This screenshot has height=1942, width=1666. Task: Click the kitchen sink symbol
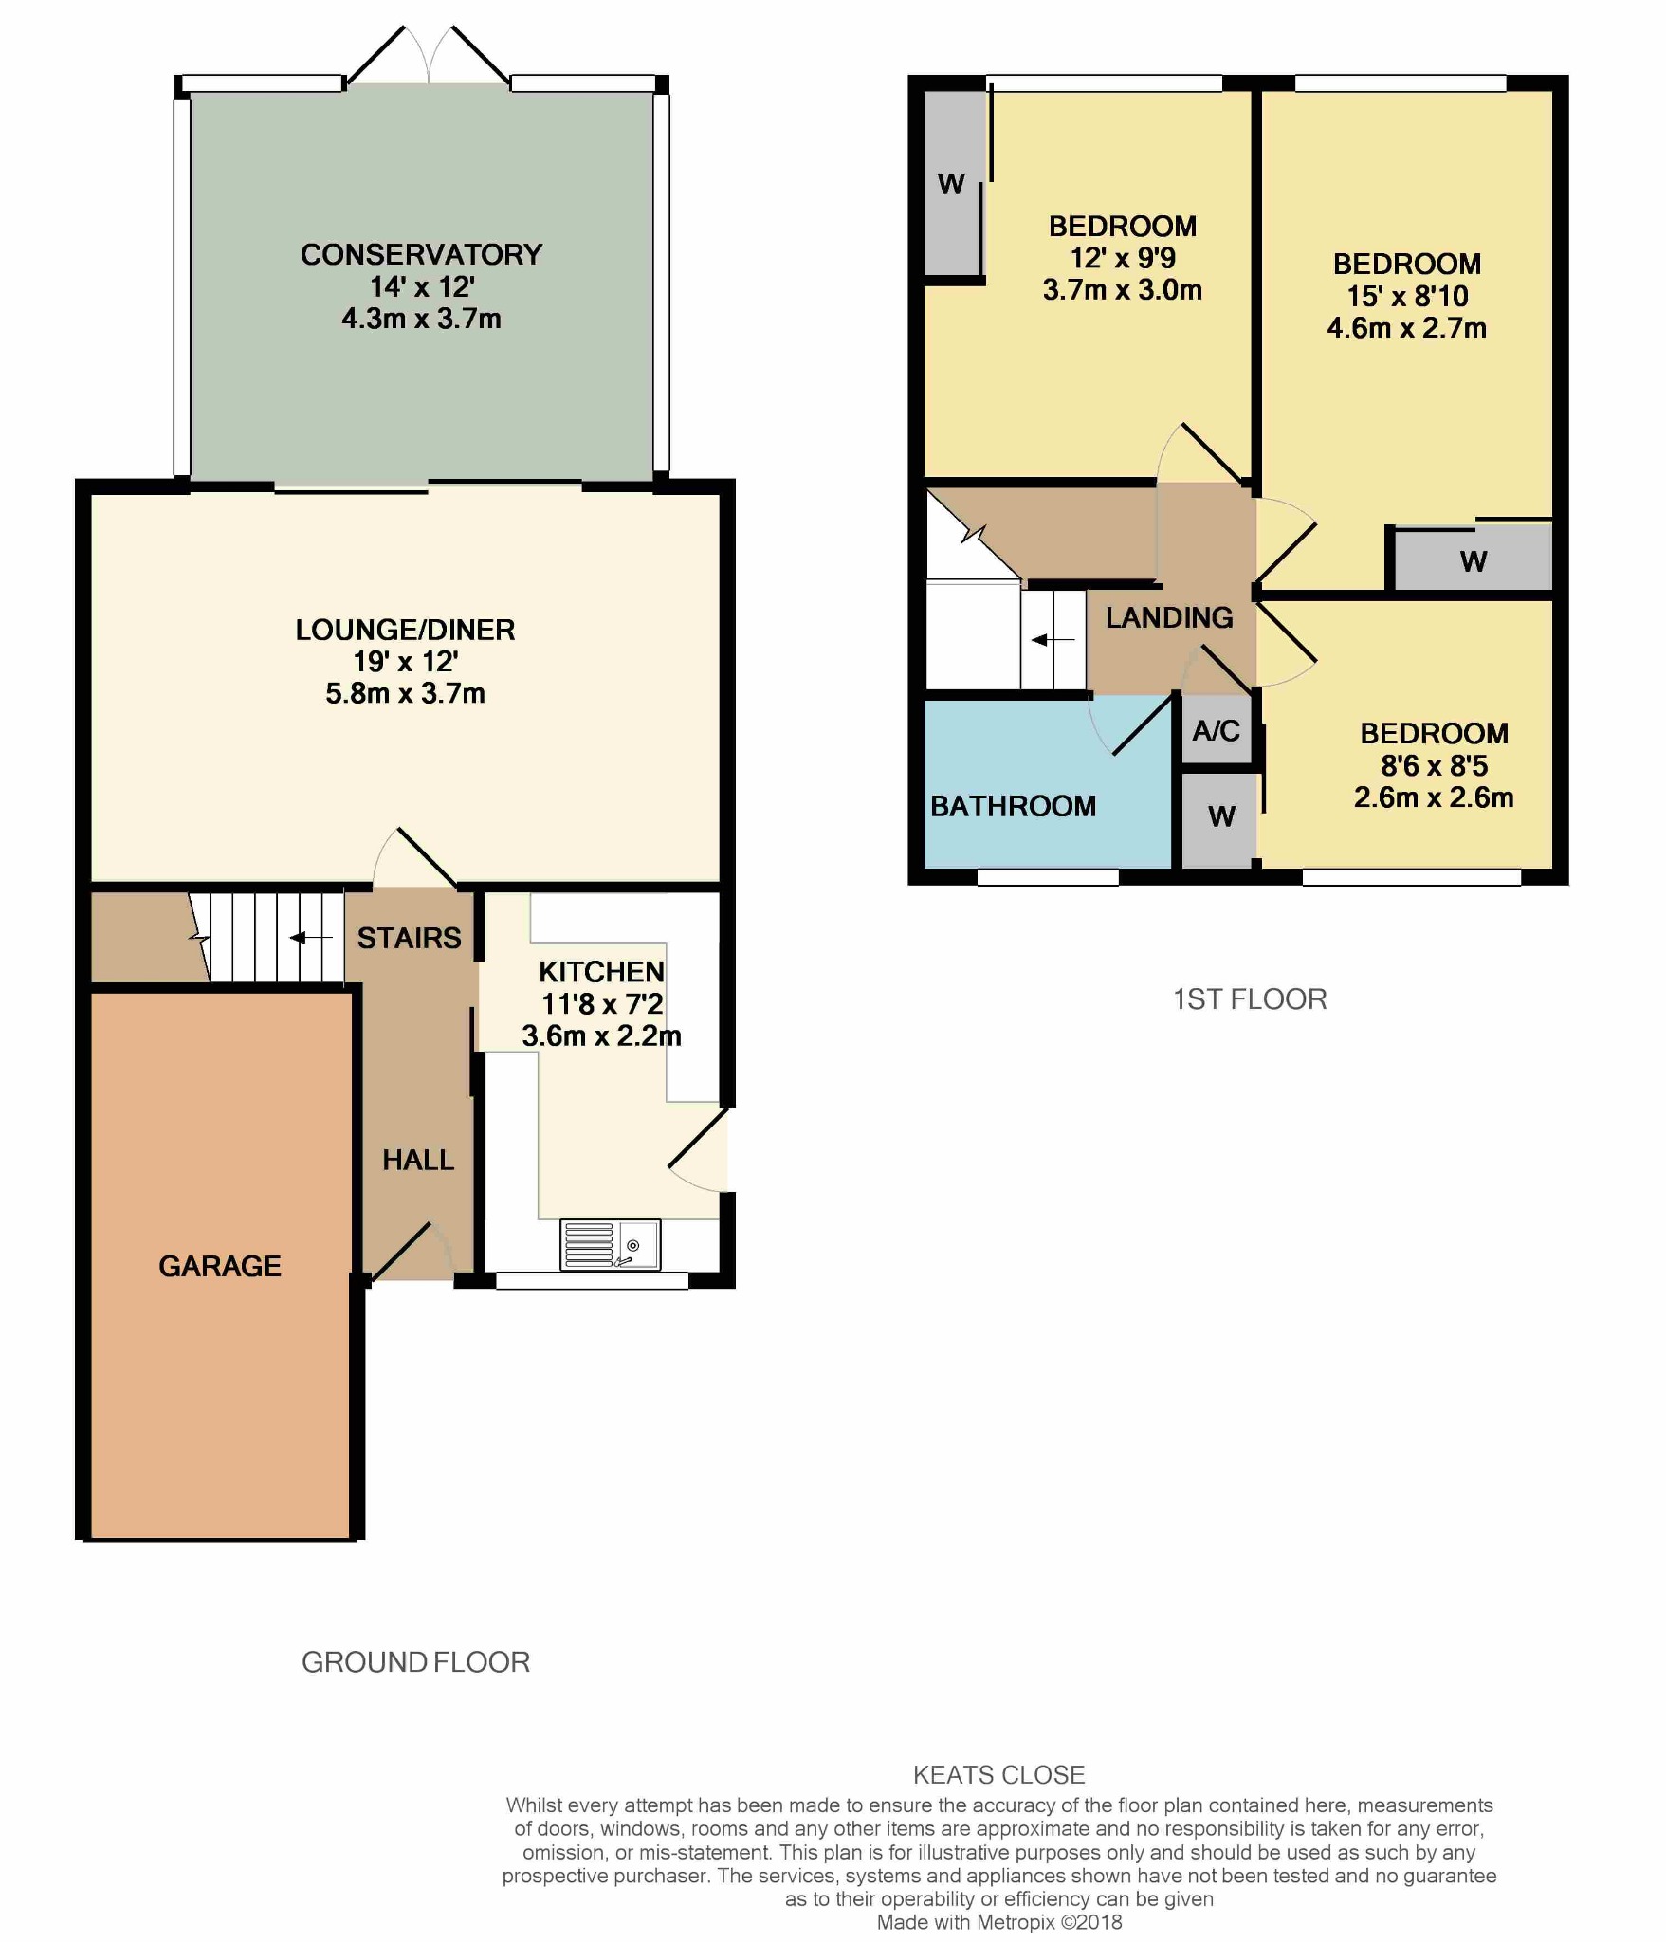pyautogui.click(x=611, y=1244)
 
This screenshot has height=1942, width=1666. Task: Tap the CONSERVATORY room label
pyautogui.click(x=421, y=254)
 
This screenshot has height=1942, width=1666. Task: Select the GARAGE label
pyautogui.click(x=220, y=1266)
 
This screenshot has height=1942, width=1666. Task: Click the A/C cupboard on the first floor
pyautogui.click(x=1217, y=730)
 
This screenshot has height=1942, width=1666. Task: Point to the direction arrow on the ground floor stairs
pyautogui.click(x=311, y=938)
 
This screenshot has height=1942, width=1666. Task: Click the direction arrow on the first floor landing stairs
pyautogui.click(x=1053, y=640)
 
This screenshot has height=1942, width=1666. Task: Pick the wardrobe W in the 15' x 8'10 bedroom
pyautogui.click(x=1473, y=560)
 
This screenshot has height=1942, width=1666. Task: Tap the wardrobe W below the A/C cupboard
pyautogui.click(x=1220, y=817)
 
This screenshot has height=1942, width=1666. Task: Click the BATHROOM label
pyautogui.click(x=1013, y=806)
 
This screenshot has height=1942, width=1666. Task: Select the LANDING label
pyautogui.click(x=1169, y=617)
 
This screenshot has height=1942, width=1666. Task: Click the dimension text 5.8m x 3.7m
pyautogui.click(x=405, y=693)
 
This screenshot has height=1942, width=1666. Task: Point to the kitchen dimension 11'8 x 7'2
pyautogui.click(x=602, y=1003)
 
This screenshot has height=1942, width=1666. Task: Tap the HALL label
pyautogui.click(x=418, y=1160)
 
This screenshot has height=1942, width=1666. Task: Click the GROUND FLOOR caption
pyautogui.click(x=415, y=1661)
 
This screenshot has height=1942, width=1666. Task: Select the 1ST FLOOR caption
pyautogui.click(x=1250, y=998)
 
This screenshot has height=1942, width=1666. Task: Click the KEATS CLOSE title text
pyautogui.click(x=998, y=1774)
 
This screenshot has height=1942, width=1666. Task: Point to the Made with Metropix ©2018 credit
pyautogui.click(x=999, y=1922)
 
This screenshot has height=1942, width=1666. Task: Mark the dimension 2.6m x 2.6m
pyautogui.click(x=1434, y=797)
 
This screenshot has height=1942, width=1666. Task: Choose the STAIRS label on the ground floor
pyautogui.click(x=409, y=938)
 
